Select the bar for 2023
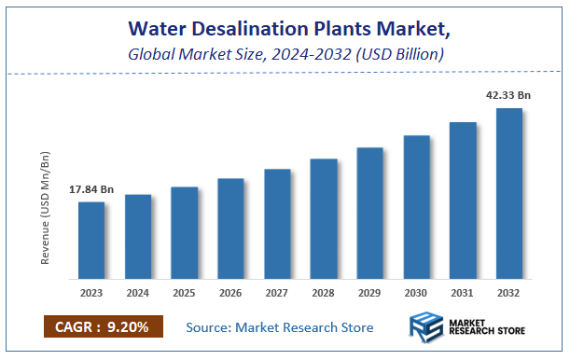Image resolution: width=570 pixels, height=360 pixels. (91, 241)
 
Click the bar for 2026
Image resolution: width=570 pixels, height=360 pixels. (230, 228)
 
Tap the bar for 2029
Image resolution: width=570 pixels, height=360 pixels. (369, 214)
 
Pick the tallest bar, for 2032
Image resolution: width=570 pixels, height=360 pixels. (508, 194)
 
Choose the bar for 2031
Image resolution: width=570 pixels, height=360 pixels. (463, 201)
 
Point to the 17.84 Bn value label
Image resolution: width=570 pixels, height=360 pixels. (91, 190)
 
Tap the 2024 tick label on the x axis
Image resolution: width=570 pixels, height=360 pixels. (138, 294)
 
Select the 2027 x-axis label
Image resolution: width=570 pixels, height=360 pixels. (277, 294)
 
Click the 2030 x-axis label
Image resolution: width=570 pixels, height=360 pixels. (416, 294)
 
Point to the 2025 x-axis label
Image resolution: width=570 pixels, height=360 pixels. (184, 294)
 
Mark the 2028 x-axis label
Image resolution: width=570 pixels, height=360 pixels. (323, 294)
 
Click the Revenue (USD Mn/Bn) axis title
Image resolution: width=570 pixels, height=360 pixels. (46, 207)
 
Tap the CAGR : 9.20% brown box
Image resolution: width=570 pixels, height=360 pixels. (103, 326)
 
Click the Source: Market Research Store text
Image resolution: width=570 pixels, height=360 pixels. (279, 327)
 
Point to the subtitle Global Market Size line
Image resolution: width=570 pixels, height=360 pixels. (285, 54)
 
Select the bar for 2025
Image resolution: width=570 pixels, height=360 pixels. (184, 233)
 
